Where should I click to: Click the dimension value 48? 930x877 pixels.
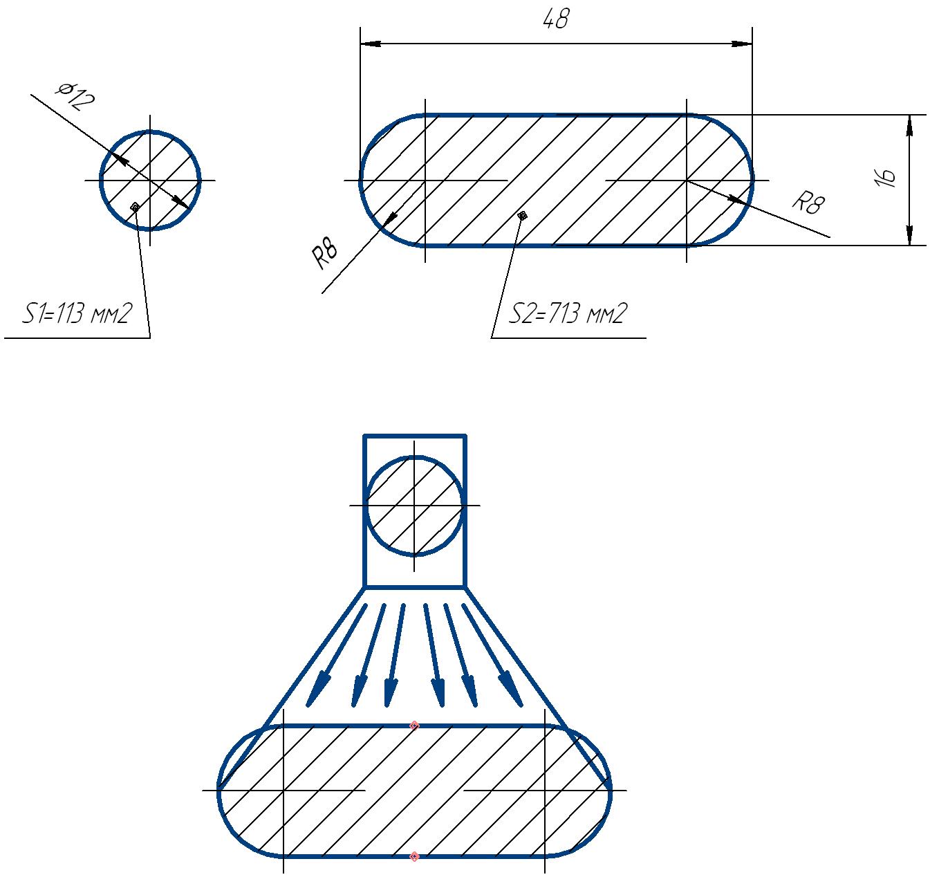pos(556,19)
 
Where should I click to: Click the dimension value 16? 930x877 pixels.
pos(884,178)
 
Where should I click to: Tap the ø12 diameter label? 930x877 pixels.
pos(75,96)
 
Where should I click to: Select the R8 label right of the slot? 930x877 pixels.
pos(809,203)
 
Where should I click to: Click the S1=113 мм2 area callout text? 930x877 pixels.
pos(77,313)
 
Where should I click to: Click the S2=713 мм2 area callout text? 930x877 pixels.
pos(568,313)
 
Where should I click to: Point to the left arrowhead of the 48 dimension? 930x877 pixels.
pos(371,44)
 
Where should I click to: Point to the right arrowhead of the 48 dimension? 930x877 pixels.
pos(742,44)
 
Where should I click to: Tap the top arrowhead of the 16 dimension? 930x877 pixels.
pos(909,125)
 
